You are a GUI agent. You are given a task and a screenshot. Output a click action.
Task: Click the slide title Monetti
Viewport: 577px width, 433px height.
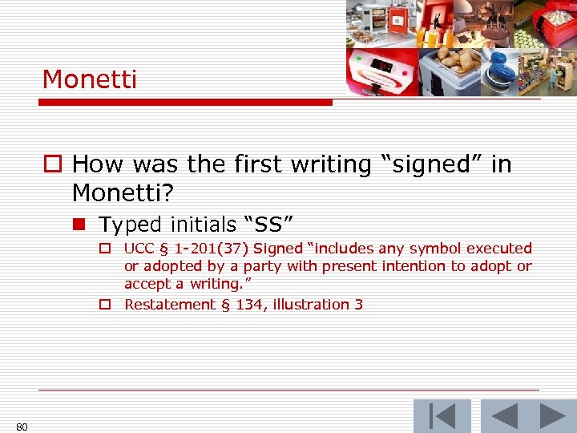coord(90,79)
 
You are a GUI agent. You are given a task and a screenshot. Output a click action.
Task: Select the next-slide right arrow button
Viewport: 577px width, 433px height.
coord(552,416)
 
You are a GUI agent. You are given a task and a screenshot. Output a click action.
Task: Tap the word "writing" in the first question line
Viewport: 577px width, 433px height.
coord(326,165)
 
